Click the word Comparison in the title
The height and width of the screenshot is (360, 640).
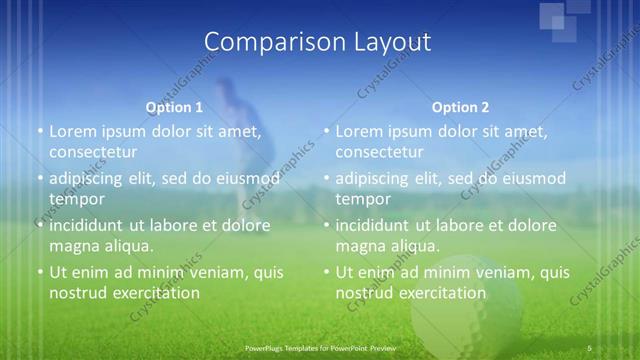pyautogui.click(x=267, y=42)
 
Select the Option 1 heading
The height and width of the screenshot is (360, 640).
pyautogui.click(x=174, y=107)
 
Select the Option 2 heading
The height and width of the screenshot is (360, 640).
pyautogui.click(x=460, y=107)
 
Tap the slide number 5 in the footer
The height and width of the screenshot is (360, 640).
pyautogui.click(x=590, y=347)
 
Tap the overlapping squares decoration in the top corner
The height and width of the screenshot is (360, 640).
pyautogui.click(x=566, y=17)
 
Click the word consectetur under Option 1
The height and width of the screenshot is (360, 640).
pyautogui.click(x=92, y=152)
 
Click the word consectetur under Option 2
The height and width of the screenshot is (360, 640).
pyautogui.click(x=379, y=152)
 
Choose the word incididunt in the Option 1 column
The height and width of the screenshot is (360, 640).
pyautogui.click(x=86, y=225)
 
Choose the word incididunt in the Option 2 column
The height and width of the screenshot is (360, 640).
pyautogui.click(x=372, y=225)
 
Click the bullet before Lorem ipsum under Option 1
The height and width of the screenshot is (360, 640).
pyautogui.click(x=39, y=132)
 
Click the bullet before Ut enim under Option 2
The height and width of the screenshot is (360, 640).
pyautogui.click(x=326, y=272)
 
